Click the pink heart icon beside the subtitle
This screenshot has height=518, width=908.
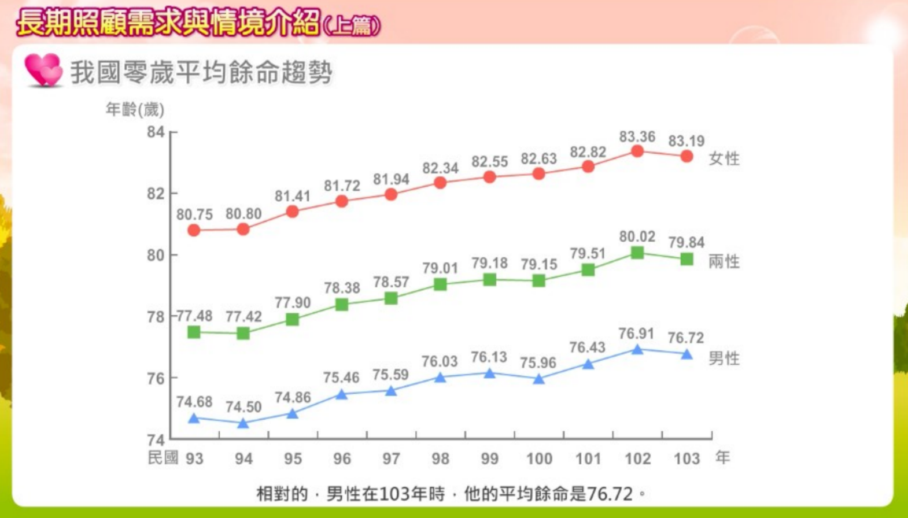click(43, 70)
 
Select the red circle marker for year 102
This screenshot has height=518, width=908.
click(637, 151)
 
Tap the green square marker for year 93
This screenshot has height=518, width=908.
click(194, 332)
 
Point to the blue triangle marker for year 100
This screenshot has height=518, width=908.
click(539, 379)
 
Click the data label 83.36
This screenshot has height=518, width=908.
click(637, 137)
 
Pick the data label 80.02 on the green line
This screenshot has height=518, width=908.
click(637, 236)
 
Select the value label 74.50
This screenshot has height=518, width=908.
click(243, 407)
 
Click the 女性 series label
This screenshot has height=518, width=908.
click(724, 158)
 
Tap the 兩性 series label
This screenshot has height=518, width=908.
click(724, 262)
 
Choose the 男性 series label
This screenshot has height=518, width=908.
click(724, 358)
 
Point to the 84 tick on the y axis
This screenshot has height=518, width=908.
click(156, 132)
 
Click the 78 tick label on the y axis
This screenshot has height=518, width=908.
click(156, 317)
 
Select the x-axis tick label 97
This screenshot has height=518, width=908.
click(391, 459)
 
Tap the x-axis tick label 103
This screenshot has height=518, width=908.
click(686, 459)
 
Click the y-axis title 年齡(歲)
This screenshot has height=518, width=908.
click(135, 109)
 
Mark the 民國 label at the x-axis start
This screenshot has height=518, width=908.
click(163, 458)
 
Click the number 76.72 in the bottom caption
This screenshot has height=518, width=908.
click(610, 494)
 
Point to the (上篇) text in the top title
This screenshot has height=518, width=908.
click(352, 26)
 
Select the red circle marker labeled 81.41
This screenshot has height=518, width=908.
click(293, 212)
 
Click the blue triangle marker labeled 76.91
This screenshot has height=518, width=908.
click(637, 350)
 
